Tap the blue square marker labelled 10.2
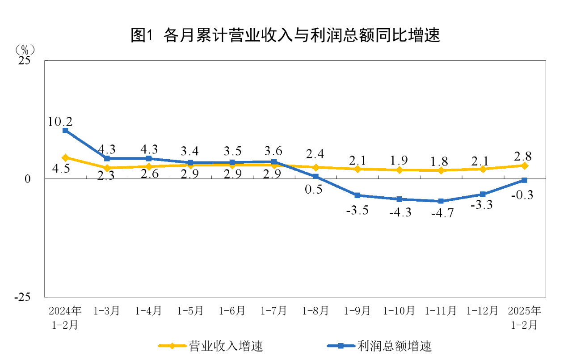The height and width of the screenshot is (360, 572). click(65, 131)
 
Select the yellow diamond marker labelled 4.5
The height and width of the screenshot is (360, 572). click(65, 157)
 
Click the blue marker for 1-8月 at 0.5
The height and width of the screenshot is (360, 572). click(315, 177)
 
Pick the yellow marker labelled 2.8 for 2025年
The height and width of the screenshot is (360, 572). click(525, 165)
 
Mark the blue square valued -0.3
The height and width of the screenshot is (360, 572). click(525, 180)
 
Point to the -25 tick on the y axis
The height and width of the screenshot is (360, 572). click(22, 297)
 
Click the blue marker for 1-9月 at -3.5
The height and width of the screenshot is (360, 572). click(357, 195)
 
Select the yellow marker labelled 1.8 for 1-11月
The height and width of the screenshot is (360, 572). click(441, 170)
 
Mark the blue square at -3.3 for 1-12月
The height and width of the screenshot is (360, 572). click(483, 194)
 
